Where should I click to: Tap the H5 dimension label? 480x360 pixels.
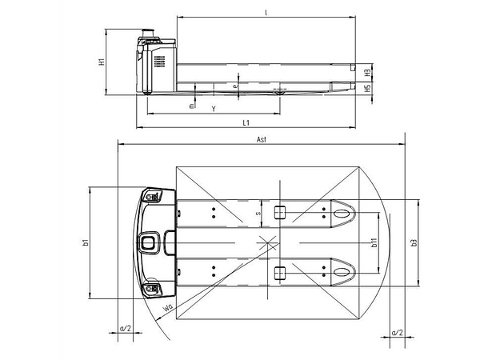366,89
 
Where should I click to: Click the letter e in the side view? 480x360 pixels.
234,85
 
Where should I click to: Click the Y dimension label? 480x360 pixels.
213,107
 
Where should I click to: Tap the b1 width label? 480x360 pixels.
83,242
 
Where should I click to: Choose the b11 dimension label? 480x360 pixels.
374,242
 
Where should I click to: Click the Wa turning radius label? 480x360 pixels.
168,307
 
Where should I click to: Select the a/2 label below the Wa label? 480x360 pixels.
125,328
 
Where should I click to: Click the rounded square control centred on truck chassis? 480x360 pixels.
148,242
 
